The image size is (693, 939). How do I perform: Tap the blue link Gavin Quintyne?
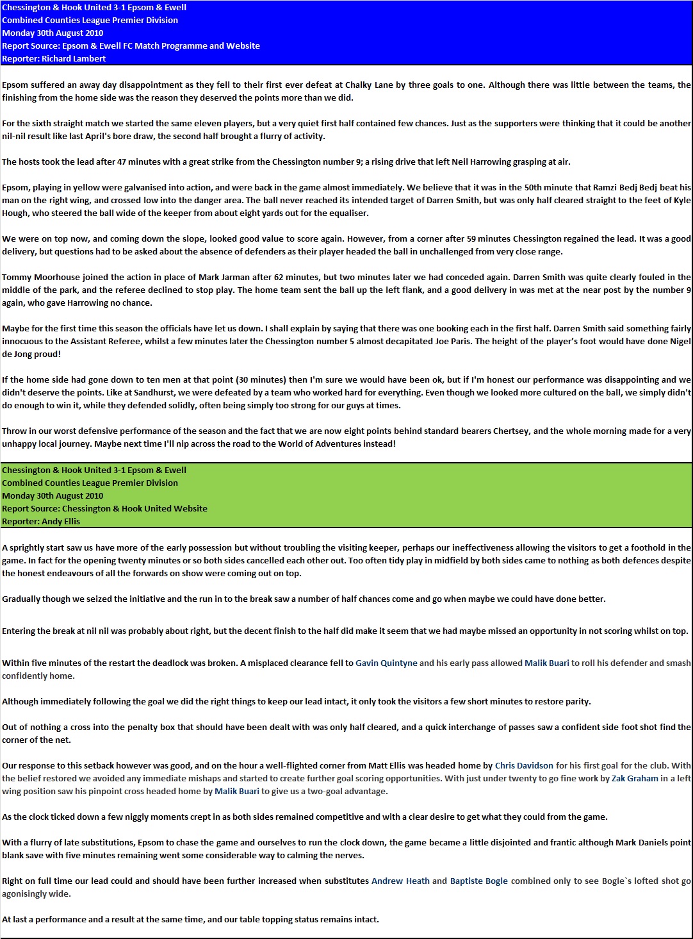point(386,663)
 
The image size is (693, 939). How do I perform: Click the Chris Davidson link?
point(524,765)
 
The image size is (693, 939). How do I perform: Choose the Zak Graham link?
point(635,778)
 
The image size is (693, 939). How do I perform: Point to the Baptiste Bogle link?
point(478,881)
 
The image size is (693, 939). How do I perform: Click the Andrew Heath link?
point(400,881)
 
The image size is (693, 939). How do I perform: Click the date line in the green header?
point(53,495)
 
